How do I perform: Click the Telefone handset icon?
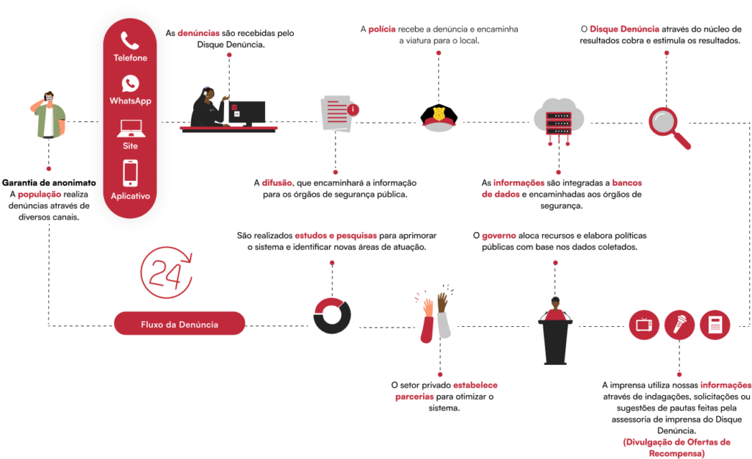click(130, 40)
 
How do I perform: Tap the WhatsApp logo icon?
click(130, 84)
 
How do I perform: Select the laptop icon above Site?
click(130, 129)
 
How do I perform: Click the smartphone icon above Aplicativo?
click(130, 173)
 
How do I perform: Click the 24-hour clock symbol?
click(166, 272)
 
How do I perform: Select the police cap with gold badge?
click(439, 119)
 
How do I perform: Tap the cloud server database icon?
click(558, 120)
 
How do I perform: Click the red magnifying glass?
click(668, 126)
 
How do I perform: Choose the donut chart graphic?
click(332, 316)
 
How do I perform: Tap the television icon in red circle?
click(644, 324)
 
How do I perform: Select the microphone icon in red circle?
click(679, 324)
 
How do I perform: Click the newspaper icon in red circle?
click(715, 324)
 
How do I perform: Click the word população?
click(40, 195)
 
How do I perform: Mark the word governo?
click(499, 236)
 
